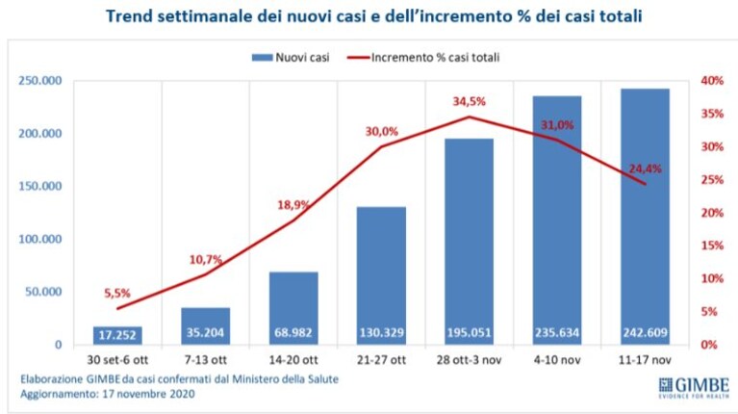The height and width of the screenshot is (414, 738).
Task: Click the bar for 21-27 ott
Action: pyautogui.click(x=381, y=275)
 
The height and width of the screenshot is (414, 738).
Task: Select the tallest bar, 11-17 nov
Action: pyautogui.click(x=645, y=217)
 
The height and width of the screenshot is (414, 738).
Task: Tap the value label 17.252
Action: pyautogui.click(x=117, y=335)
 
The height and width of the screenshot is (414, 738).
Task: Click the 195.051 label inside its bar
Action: pyautogui.click(x=469, y=333)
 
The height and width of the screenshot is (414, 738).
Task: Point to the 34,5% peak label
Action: pyautogui.click(x=469, y=101)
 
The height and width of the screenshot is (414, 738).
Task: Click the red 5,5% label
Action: pyautogui.click(x=117, y=293)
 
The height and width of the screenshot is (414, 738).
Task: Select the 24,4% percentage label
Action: pyautogui.click(x=645, y=168)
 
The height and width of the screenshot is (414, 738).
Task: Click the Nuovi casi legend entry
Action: pyautogui.click(x=291, y=58)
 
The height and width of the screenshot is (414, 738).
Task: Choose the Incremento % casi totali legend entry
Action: pyautogui.click(x=423, y=58)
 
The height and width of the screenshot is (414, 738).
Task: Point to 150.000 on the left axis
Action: pyautogui.click(x=40, y=186)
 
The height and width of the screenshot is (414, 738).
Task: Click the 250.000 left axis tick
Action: pyautogui.click(x=40, y=81)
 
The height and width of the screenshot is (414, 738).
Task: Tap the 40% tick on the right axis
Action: pyautogui.click(x=712, y=81)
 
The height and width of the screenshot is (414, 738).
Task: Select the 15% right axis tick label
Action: pyautogui.click(x=712, y=246)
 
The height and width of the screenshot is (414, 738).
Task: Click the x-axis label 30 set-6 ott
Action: pyautogui.click(x=117, y=360)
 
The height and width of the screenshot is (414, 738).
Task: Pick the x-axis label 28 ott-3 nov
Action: pyautogui.click(x=469, y=360)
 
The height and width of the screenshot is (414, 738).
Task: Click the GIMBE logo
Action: pyautogui.click(x=694, y=388)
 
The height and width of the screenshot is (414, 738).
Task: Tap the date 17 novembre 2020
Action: pyautogui.click(x=149, y=394)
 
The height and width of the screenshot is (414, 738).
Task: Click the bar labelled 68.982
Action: pyautogui.click(x=293, y=308)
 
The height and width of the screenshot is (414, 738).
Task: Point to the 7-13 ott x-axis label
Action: pyautogui.click(x=206, y=360)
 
